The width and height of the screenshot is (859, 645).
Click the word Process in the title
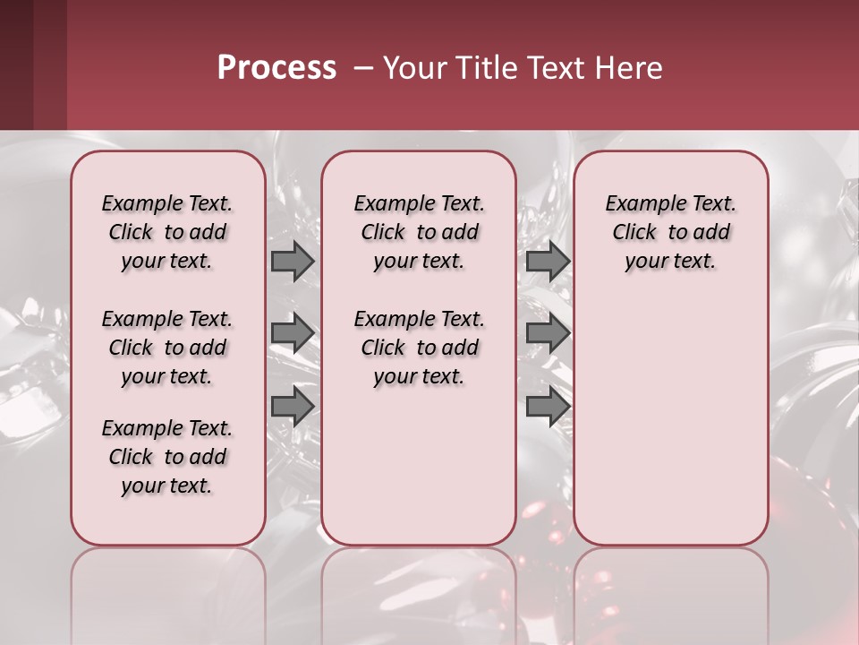pyautogui.click(x=276, y=68)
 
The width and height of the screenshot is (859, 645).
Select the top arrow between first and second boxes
pyautogui.click(x=293, y=262)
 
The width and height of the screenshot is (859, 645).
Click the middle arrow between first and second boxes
pyautogui.click(x=293, y=333)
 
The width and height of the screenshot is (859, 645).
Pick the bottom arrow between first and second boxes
pyautogui.click(x=293, y=406)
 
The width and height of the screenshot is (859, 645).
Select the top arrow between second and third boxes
pyautogui.click(x=548, y=262)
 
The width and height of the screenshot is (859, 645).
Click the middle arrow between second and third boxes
pyautogui.click(x=548, y=333)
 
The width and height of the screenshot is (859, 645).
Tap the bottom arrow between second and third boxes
pyautogui.click(x=548, y=406)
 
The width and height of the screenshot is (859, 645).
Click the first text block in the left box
pyautogui.click(x=167, y=232)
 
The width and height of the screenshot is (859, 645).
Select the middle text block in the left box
pyautogui.click(x=167, y=348)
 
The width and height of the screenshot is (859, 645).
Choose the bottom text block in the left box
pyautogui.click(x=167, y=457)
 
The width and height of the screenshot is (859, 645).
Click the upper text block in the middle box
pyautogui.click(x=419, y=232)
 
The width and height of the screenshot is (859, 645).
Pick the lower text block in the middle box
pyautogui.click(x=419, y=348)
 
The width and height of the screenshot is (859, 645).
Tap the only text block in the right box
pyautogui.click(x=670, y=232)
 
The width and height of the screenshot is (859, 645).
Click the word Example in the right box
pyautogui.click(x=636, y=204)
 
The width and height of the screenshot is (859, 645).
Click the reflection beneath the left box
pyautogui.click(x=168, y=591)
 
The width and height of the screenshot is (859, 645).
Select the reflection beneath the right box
pyautogui.click(x=670, y=591)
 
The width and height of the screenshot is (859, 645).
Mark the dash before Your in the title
pyautogui.click(x=363, y=68)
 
